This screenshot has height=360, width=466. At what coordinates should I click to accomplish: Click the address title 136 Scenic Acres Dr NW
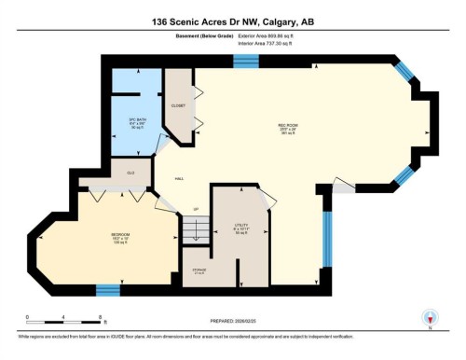232,21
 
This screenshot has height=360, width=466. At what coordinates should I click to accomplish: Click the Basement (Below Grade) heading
198,38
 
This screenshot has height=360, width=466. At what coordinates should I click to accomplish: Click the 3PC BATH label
138,121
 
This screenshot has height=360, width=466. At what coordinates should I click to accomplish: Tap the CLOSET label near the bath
179,105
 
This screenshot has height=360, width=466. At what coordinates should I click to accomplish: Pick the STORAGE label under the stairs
199,271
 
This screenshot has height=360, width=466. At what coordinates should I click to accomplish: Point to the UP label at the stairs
196,208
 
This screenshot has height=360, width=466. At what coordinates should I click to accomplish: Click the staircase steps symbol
194,228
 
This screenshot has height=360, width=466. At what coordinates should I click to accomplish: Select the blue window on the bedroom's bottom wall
108,289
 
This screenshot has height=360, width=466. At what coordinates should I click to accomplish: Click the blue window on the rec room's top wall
245,61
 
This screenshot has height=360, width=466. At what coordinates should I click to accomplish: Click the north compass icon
430,317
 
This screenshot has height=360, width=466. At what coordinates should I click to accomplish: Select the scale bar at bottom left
63,323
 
